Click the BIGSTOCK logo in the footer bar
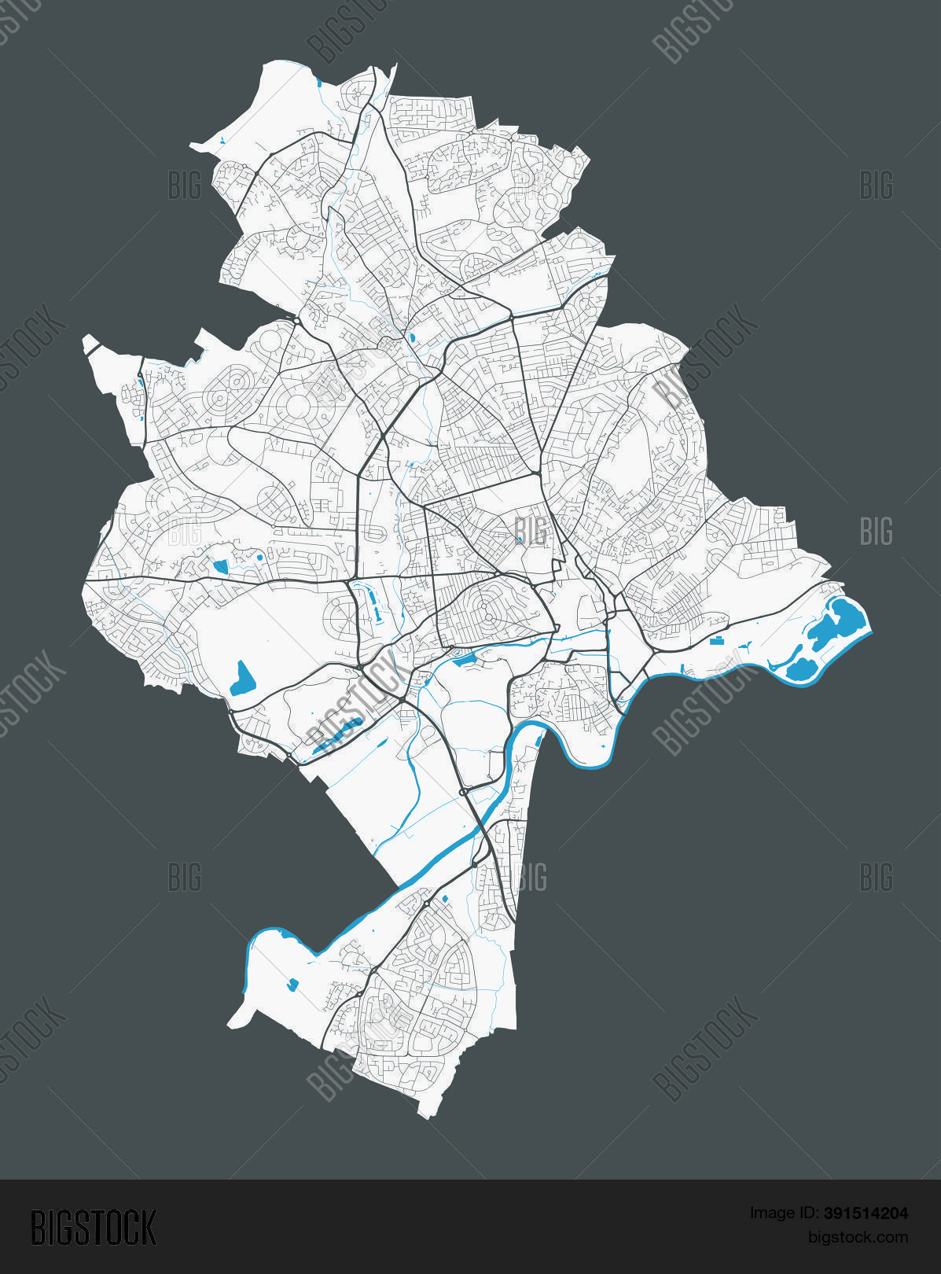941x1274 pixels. coord(94,1227)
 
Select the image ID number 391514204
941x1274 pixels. coord(866,1213)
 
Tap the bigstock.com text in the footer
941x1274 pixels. coord(858,1237)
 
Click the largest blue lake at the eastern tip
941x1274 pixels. coord(841,620)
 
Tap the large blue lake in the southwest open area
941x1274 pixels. coord(241,679)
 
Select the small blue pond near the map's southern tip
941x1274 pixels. coord(294,983)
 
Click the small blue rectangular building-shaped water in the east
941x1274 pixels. coord(716,640)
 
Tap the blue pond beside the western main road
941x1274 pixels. coord(220,565)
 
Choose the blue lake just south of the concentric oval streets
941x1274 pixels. coord(464,659)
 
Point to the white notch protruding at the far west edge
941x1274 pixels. coord(90,343)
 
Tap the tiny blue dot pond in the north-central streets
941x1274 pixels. coord(411,338)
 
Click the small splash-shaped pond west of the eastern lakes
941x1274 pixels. coord(742,646)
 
